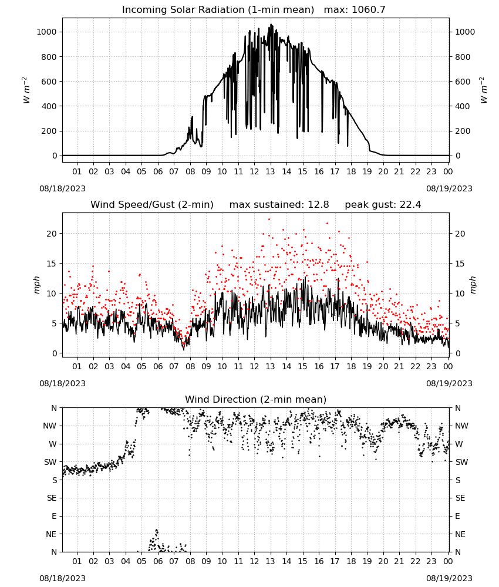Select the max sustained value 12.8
coord(318,205)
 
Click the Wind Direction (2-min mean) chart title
coord(256,399)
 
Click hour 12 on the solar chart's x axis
coord(254,171)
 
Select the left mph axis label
coord(36,285)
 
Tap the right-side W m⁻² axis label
coord(483,90)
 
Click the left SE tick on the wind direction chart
coord(52,498)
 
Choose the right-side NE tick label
coord(460,534)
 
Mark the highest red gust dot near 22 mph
coord(269,220)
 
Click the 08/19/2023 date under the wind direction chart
coord(449,578)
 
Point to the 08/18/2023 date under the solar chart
coord(62,188)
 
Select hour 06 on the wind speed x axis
coord(157,366)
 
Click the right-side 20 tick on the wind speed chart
coord(460,234)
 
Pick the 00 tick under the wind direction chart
coord(448,561)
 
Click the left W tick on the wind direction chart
coord(53,444)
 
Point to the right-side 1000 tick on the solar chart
coord(464,32)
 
